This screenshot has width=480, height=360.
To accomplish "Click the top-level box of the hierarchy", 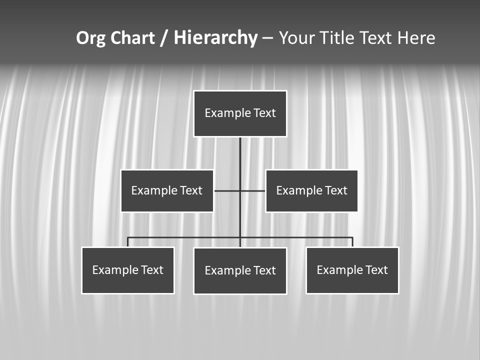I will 240,113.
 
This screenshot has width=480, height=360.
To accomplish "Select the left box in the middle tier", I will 167,190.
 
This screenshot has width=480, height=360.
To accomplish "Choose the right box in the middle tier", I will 311,190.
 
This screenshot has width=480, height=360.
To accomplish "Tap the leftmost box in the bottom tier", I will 128,270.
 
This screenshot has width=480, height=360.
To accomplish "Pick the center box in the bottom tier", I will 240,270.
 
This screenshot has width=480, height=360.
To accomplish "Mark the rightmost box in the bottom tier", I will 352,270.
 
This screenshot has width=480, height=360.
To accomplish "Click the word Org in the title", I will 90,38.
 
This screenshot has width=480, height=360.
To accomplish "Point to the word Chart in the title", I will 132,38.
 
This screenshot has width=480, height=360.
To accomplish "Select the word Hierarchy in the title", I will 215,38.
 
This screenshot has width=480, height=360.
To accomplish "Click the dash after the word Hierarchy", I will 267,38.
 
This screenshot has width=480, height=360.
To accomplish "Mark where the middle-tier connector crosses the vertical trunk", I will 240,190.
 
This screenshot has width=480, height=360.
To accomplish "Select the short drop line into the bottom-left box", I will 128,242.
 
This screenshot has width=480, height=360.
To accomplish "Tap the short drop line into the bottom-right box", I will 352,242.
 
